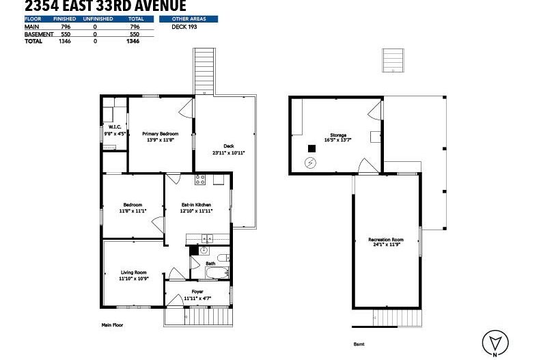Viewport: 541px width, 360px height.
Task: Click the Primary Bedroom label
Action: coord(160,134)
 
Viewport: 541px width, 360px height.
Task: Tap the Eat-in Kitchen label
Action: coord(196,205)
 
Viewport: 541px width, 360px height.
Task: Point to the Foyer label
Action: coord(197,292)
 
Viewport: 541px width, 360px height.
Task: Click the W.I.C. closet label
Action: coord(113,127)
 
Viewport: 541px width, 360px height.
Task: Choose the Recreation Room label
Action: coord(386,240)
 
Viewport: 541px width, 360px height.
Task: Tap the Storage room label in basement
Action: coord(338,135)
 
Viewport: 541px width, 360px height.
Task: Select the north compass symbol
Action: coord(494,343)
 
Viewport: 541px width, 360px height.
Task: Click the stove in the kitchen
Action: coord(200,180)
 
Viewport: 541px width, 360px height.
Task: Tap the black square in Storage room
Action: coord(311,148)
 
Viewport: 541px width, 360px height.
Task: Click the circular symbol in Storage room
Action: coord(311,163)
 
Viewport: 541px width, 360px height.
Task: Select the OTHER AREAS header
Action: coord(188,19)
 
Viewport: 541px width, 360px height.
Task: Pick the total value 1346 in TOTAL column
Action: coord(133,41)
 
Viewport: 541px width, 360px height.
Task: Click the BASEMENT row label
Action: coord(38,34)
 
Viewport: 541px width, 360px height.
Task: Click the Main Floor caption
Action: coord(112,325)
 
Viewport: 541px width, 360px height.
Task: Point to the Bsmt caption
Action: coord(359,345)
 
